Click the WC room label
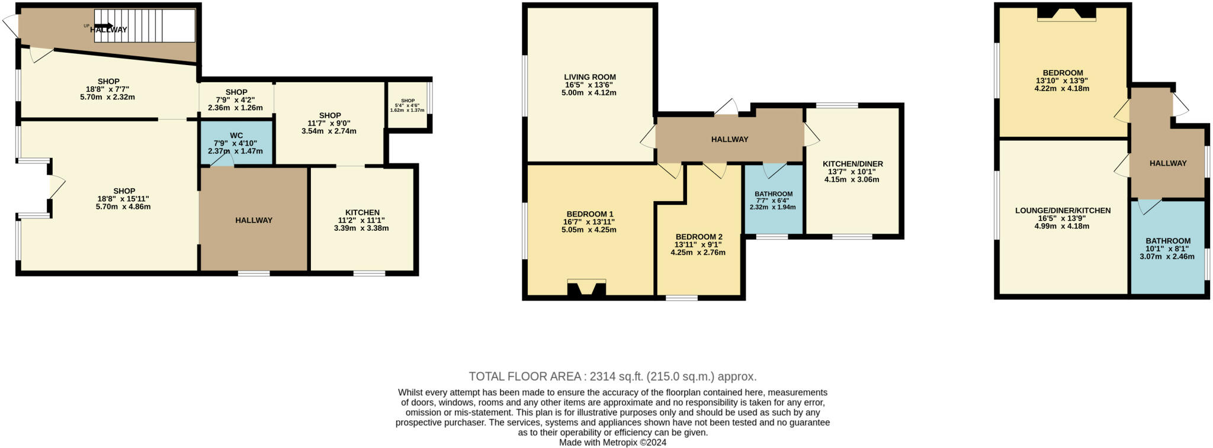(236, 136)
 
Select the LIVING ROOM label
(589, 77)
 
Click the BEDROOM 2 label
(698, 237)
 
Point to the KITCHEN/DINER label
(852, 164)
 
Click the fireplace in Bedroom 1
(586, 288)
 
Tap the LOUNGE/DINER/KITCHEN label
(1063, 210)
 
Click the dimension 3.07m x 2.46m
(1167, 256)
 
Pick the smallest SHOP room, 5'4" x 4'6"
(407, 105)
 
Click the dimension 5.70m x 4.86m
(124, 207)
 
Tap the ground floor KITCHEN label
(362, 212)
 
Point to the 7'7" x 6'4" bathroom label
(773, 194)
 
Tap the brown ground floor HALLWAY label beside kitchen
(253, 220)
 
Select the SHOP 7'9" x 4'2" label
(236, 92)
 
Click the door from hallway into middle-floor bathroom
(774, 170)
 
